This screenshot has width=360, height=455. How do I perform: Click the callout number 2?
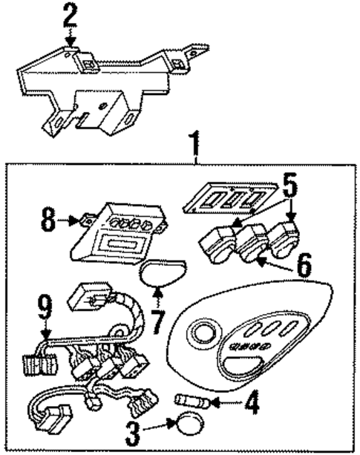coord(69,14)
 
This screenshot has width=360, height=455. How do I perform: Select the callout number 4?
coord(253,405)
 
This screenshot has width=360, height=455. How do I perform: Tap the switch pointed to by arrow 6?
coord(251,245)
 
